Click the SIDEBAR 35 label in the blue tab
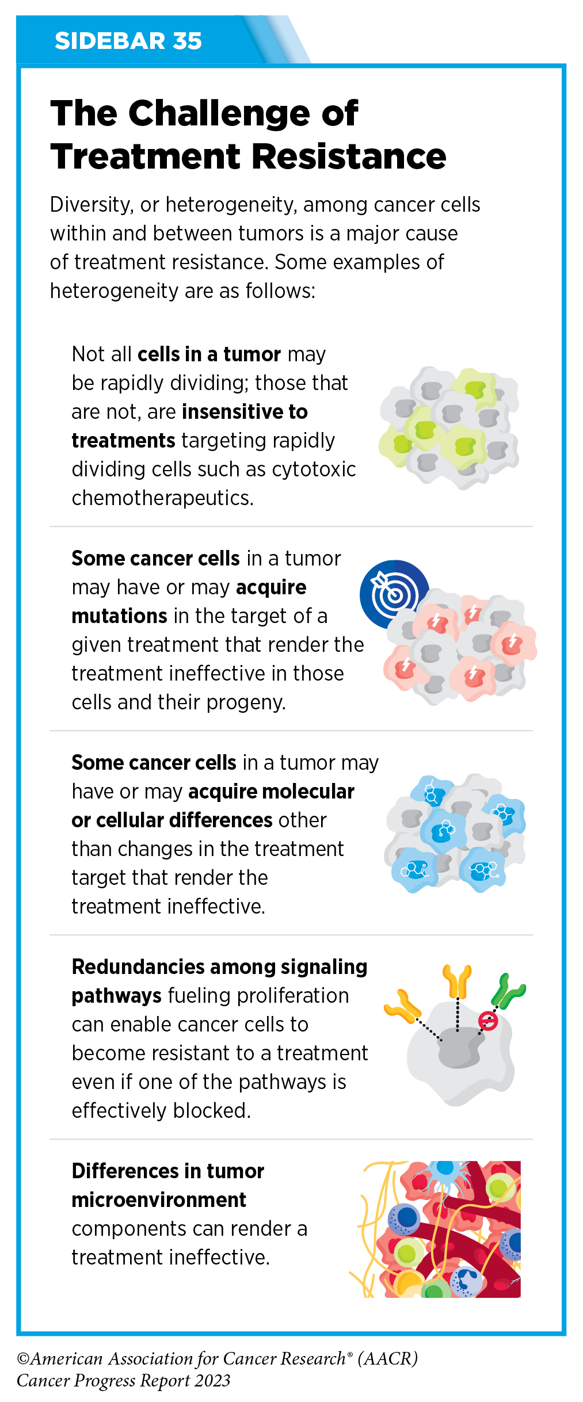(x=128, y=41)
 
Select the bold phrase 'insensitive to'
(x=245, y=412)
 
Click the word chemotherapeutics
(x=162, y=498)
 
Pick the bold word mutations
(x=119, y=616)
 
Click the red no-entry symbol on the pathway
(x=488, y=1021)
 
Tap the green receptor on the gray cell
(x=508, y=991)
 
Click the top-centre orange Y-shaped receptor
(x=457, y=981)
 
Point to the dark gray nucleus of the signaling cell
(x=459, y=1049)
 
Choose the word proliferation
(x=293, y=996)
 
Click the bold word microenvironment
(x=159, y=1200)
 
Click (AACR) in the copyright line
(x=387, y=1358)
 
